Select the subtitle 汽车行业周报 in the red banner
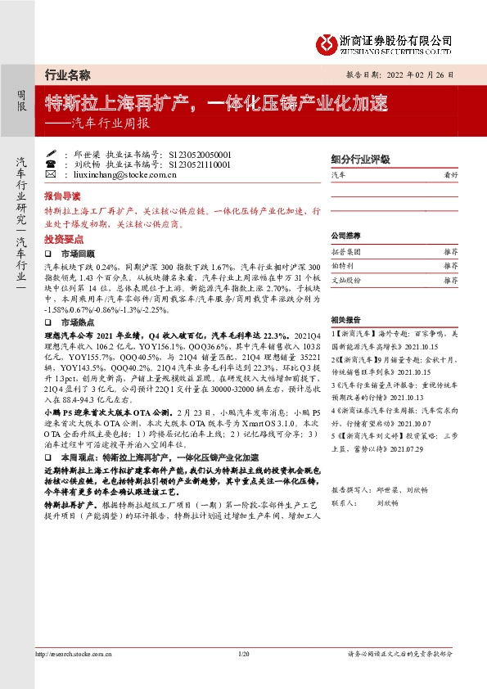[109, 124]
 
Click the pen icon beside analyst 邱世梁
[51, 153]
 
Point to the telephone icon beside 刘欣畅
[51, 164]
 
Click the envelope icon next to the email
[51, 174]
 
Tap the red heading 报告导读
[62, 197]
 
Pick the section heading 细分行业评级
[359, 160]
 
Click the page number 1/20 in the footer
[243, 676]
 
